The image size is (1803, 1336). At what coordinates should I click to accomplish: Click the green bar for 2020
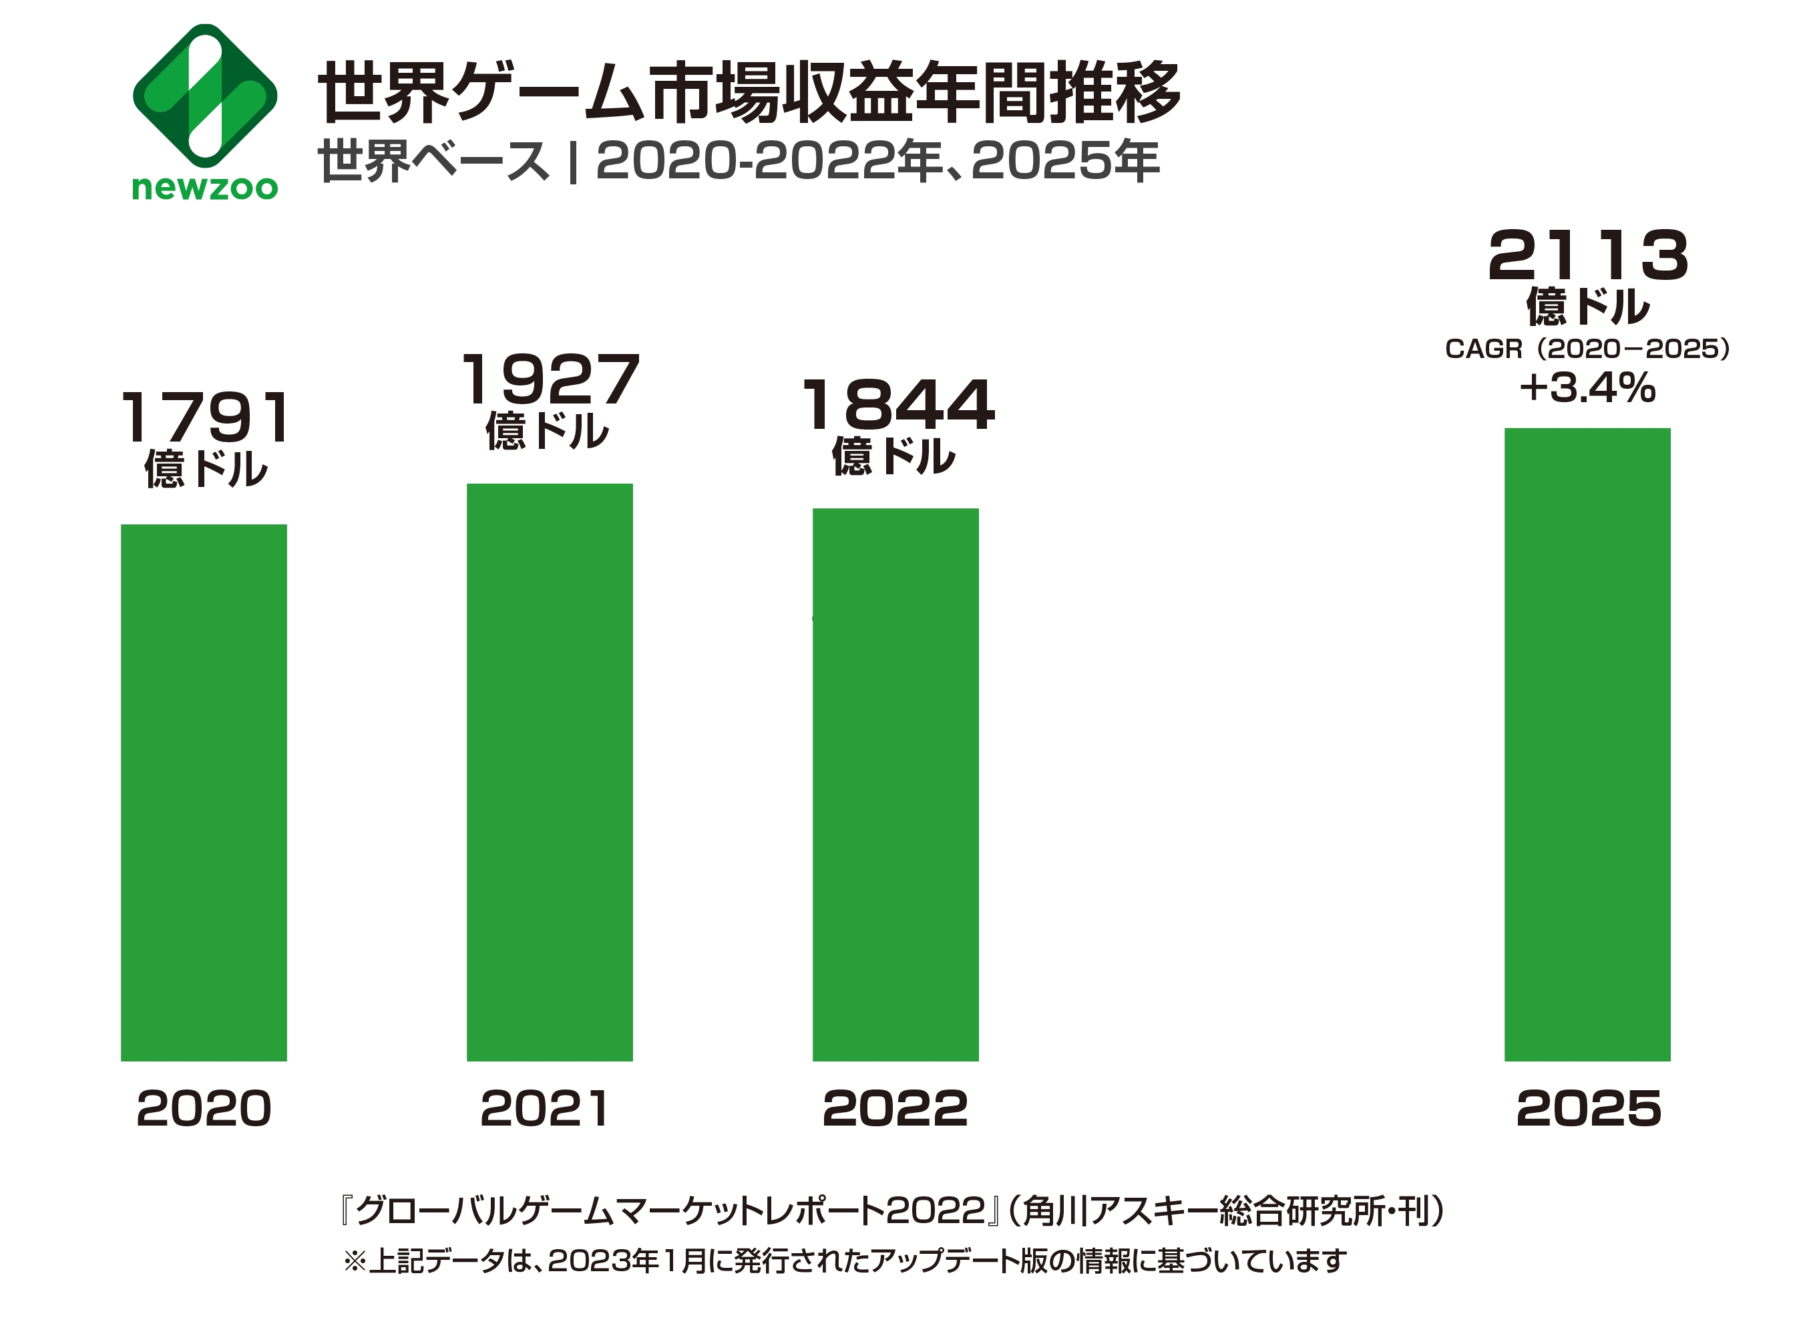[204, 792]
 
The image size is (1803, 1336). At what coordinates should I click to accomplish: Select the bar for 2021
[549, 772]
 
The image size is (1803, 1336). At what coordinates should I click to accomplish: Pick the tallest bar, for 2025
[1587, 744]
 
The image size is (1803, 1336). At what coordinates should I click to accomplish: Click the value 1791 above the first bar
[206, 417]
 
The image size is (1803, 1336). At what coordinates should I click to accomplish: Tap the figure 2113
[1588, 256]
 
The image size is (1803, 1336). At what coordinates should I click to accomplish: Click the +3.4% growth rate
[1587, 387]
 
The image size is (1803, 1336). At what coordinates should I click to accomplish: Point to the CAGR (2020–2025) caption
[1587, 349]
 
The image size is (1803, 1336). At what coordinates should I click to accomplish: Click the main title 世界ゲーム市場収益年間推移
[749, 92]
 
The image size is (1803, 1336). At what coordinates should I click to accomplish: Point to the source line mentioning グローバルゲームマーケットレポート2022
[893, 1210]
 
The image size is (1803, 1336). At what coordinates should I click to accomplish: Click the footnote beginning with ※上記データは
[845, 1261]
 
